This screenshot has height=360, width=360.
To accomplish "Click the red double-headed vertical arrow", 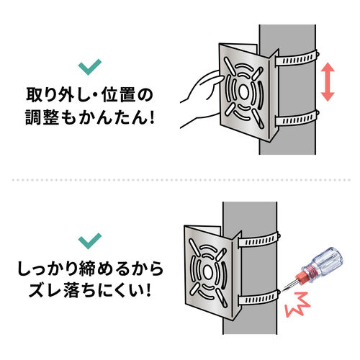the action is pyautogui.click(x=328, y=82).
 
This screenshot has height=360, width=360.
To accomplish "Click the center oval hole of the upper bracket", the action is pyautogui.click(x=243, y=91).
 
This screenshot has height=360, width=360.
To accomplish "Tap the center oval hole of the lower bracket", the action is pyautogui.click(x=208, y=272).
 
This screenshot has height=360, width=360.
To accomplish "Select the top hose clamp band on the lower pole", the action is pyautogui.click(x=259, y=240).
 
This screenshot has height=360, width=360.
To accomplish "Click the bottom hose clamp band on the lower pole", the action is pyautogui.click(x=259, y=298).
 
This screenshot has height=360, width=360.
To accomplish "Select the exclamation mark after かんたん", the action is pyautogui.click(x=151, y=117).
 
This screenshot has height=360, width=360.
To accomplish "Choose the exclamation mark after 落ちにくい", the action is pyautogui.click(x=148, y=290).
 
